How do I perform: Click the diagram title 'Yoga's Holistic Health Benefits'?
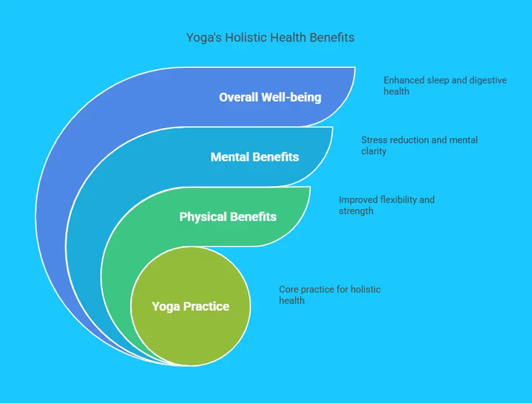(270, 37)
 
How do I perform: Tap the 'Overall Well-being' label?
(270, 97)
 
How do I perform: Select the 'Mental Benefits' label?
(255, 157)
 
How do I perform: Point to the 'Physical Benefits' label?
(228, 217)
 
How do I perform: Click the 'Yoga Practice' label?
(191, 306)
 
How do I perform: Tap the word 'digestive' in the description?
(488, 80)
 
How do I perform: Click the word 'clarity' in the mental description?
(374, 151)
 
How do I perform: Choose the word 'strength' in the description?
(356, 211)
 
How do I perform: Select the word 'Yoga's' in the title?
(204, 37)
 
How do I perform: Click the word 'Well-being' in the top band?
(292, 97)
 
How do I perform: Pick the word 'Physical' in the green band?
(202, 217)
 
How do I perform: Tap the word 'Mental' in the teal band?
(230, 157)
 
